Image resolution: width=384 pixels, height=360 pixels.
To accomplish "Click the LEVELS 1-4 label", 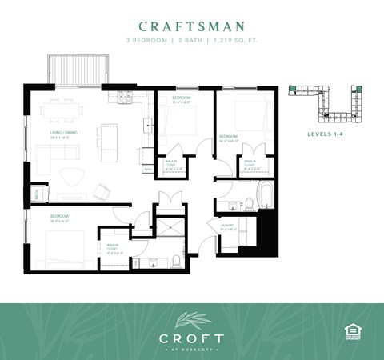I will point(327,134).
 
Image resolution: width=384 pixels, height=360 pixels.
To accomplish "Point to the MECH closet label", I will point(37,193).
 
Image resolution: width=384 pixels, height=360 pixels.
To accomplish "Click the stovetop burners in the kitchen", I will point(125,98).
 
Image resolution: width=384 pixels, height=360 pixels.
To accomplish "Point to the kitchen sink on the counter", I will point(147,124).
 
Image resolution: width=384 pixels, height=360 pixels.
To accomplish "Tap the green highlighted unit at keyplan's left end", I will point(293,87).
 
